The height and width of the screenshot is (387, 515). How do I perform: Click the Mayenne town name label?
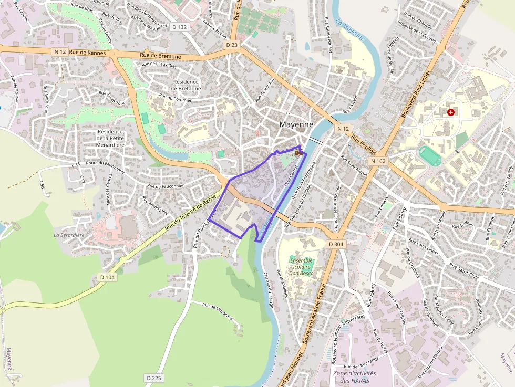[296, 125]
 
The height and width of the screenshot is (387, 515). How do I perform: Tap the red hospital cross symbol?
[450, 112]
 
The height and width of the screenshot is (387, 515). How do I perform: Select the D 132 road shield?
[179, 27]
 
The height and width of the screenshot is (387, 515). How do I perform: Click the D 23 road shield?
[232, 45]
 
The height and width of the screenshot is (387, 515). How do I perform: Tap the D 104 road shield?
[107, 277]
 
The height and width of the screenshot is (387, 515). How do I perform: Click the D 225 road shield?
[154, 378]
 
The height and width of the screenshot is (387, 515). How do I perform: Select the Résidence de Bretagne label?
[186, 85]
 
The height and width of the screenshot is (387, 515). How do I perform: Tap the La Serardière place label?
[68, 235]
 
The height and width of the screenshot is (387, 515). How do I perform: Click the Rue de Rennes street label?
[87, 53]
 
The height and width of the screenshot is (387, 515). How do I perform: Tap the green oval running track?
[430, 155]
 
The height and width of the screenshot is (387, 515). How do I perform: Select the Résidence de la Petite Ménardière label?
[110, 138]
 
